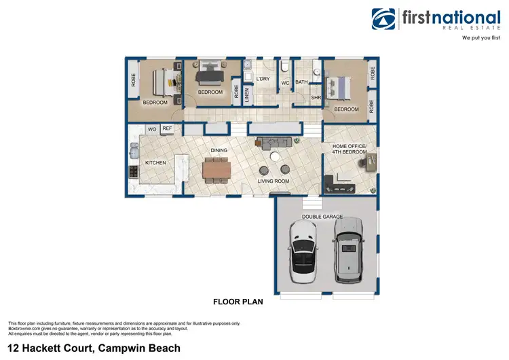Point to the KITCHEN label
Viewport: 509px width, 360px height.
tap(155, 163)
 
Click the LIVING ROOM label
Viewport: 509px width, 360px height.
tap(274, 181)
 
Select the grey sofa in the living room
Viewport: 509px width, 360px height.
tap(274, 142)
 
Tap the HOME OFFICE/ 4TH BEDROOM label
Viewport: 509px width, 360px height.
tap(349, 149)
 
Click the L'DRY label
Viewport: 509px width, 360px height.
tap(263, 79)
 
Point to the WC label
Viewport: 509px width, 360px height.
tap(286, 83)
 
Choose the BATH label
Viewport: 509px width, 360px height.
tap(302, 83)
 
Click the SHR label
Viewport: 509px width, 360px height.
tap(316, 98)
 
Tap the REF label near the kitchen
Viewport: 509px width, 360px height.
tap(167, 128)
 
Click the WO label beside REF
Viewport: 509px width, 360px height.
tap(153, 128)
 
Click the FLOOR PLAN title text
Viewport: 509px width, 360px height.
tap(238, 302)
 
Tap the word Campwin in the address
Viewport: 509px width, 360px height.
tap(126, 348)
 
